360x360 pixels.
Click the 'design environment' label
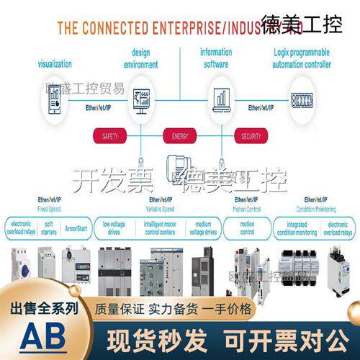[x=140, y=58]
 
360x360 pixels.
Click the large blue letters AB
[x=44, y=337]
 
